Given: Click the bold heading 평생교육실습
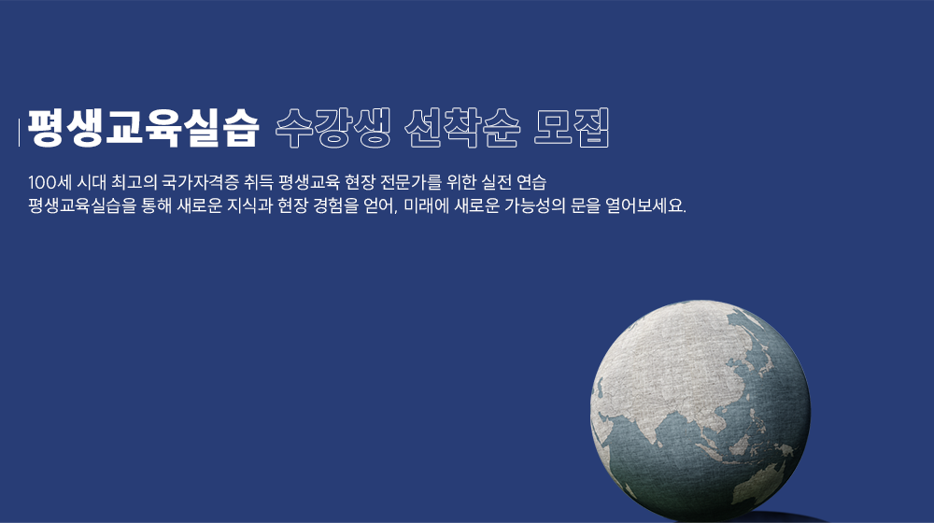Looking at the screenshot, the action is point(144,127).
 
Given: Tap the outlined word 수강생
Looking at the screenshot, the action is point(333,127).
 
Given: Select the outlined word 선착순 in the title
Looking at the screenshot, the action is point(462,127).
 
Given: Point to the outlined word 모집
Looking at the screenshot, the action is point(572,127).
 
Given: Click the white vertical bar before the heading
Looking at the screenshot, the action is point(19,133).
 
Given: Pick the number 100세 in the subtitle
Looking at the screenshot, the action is point(50,182).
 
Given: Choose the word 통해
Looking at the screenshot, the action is point(156,205).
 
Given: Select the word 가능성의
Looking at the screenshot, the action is point(535,205).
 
